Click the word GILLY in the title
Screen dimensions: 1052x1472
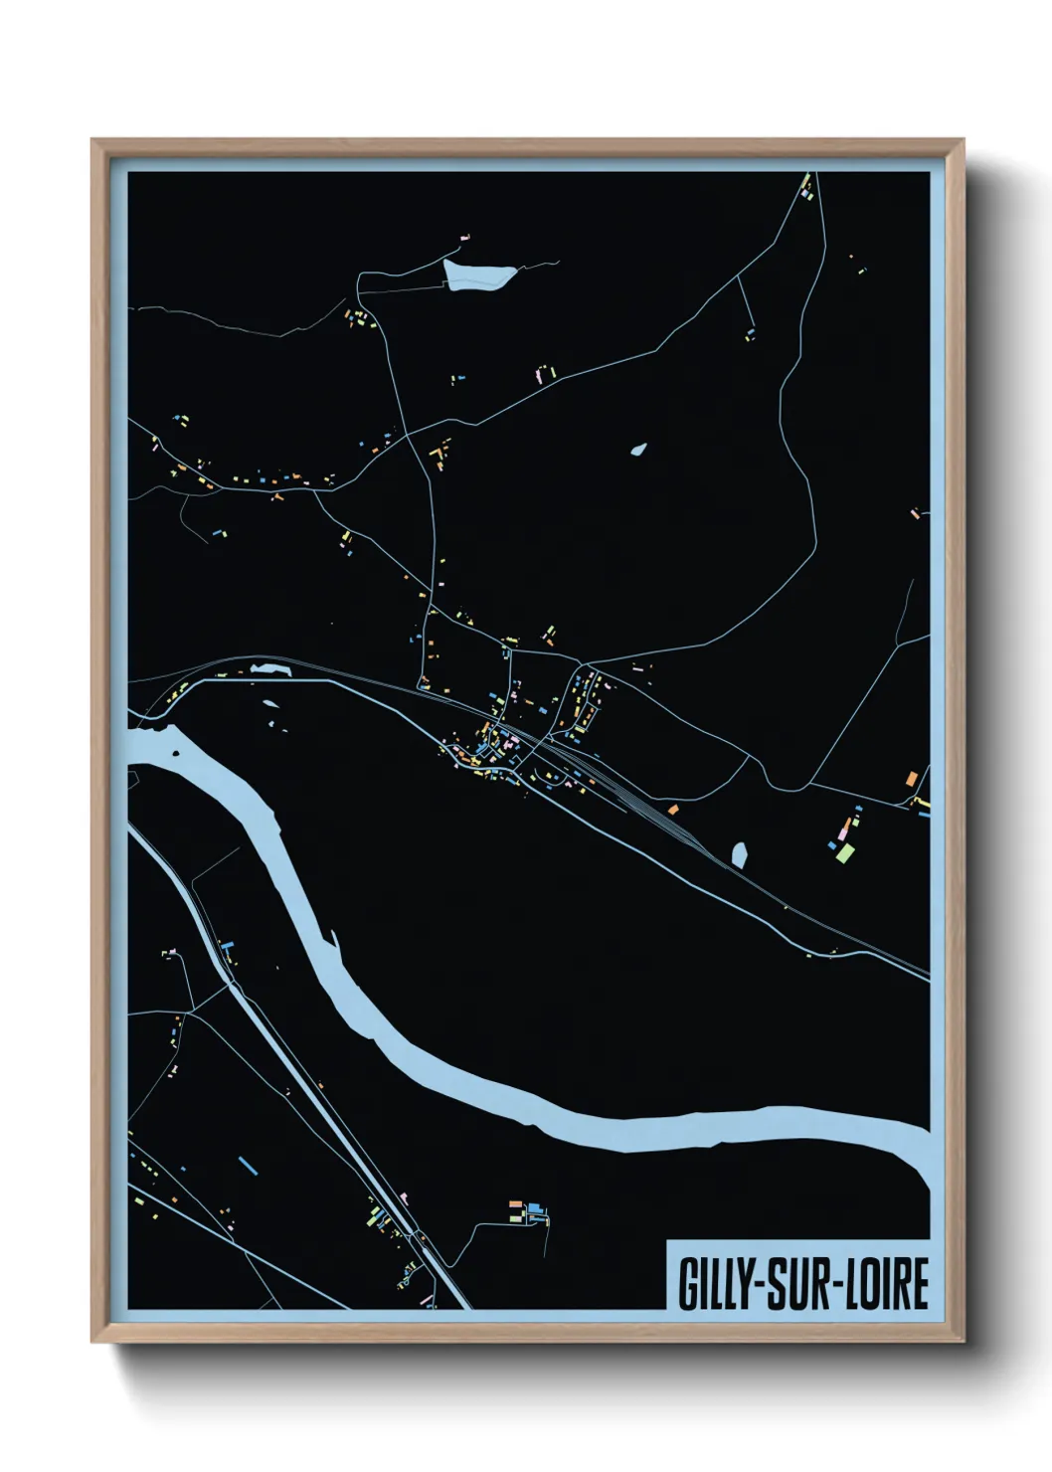pos(715,1284)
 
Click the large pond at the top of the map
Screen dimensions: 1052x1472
pos(479,275)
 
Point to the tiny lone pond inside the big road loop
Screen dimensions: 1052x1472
pos(638,450)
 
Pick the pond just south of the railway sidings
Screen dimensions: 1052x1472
pos(739,853)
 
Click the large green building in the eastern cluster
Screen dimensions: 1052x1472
pos(845,852)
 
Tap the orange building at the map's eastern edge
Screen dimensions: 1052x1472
pos(911,777)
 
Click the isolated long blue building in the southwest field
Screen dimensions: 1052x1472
pos(248,1163)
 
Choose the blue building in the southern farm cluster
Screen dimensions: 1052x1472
pos(536,1208)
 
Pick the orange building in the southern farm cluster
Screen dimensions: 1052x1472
pos(515,1205)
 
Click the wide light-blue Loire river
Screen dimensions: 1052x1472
pos(597,1124)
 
